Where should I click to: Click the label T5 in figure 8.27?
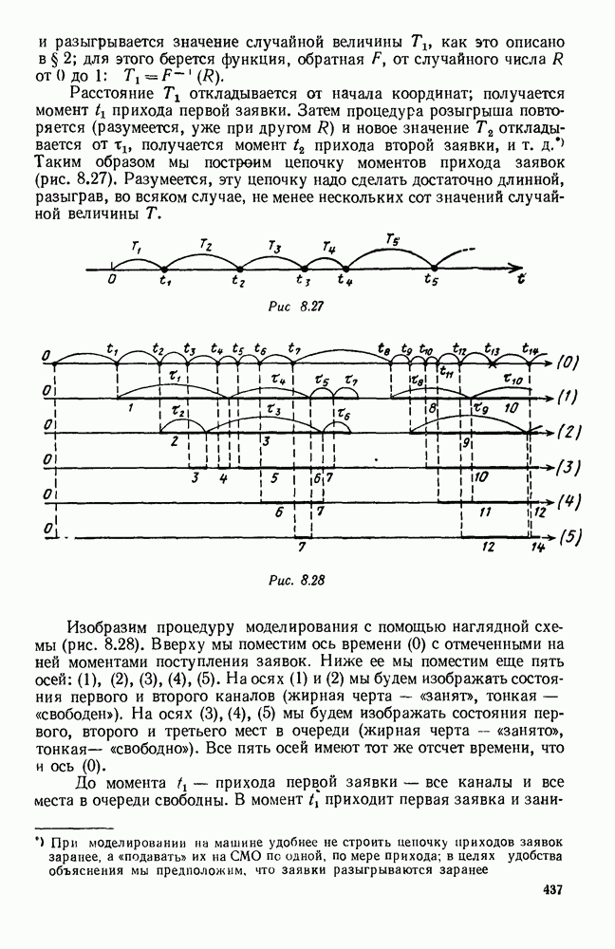coord(391,238)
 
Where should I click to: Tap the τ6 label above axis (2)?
coord(344,417)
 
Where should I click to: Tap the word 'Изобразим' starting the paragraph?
coord(105,629)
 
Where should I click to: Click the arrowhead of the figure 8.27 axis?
coord(517,268)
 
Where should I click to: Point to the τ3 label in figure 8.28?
coord(273,411)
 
